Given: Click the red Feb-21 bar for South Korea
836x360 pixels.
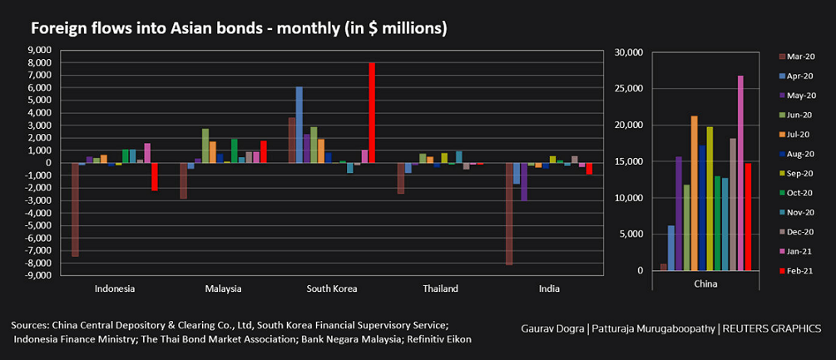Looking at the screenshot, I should (372, 113).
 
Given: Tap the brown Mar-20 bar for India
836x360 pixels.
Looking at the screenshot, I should (508, 214).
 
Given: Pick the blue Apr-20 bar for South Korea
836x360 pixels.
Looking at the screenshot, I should (299, 125).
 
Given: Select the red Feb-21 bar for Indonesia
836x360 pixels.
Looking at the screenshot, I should (155, 176).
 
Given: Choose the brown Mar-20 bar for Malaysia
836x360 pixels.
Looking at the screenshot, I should (184, 180).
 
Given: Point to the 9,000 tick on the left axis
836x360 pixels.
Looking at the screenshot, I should (39, 51).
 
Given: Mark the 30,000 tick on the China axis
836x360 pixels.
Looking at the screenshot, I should (627, 52).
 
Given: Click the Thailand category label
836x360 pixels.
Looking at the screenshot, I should (440, 289).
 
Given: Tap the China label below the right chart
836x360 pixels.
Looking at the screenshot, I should (705, 284).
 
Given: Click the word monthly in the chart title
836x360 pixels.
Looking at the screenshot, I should (294, 28).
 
